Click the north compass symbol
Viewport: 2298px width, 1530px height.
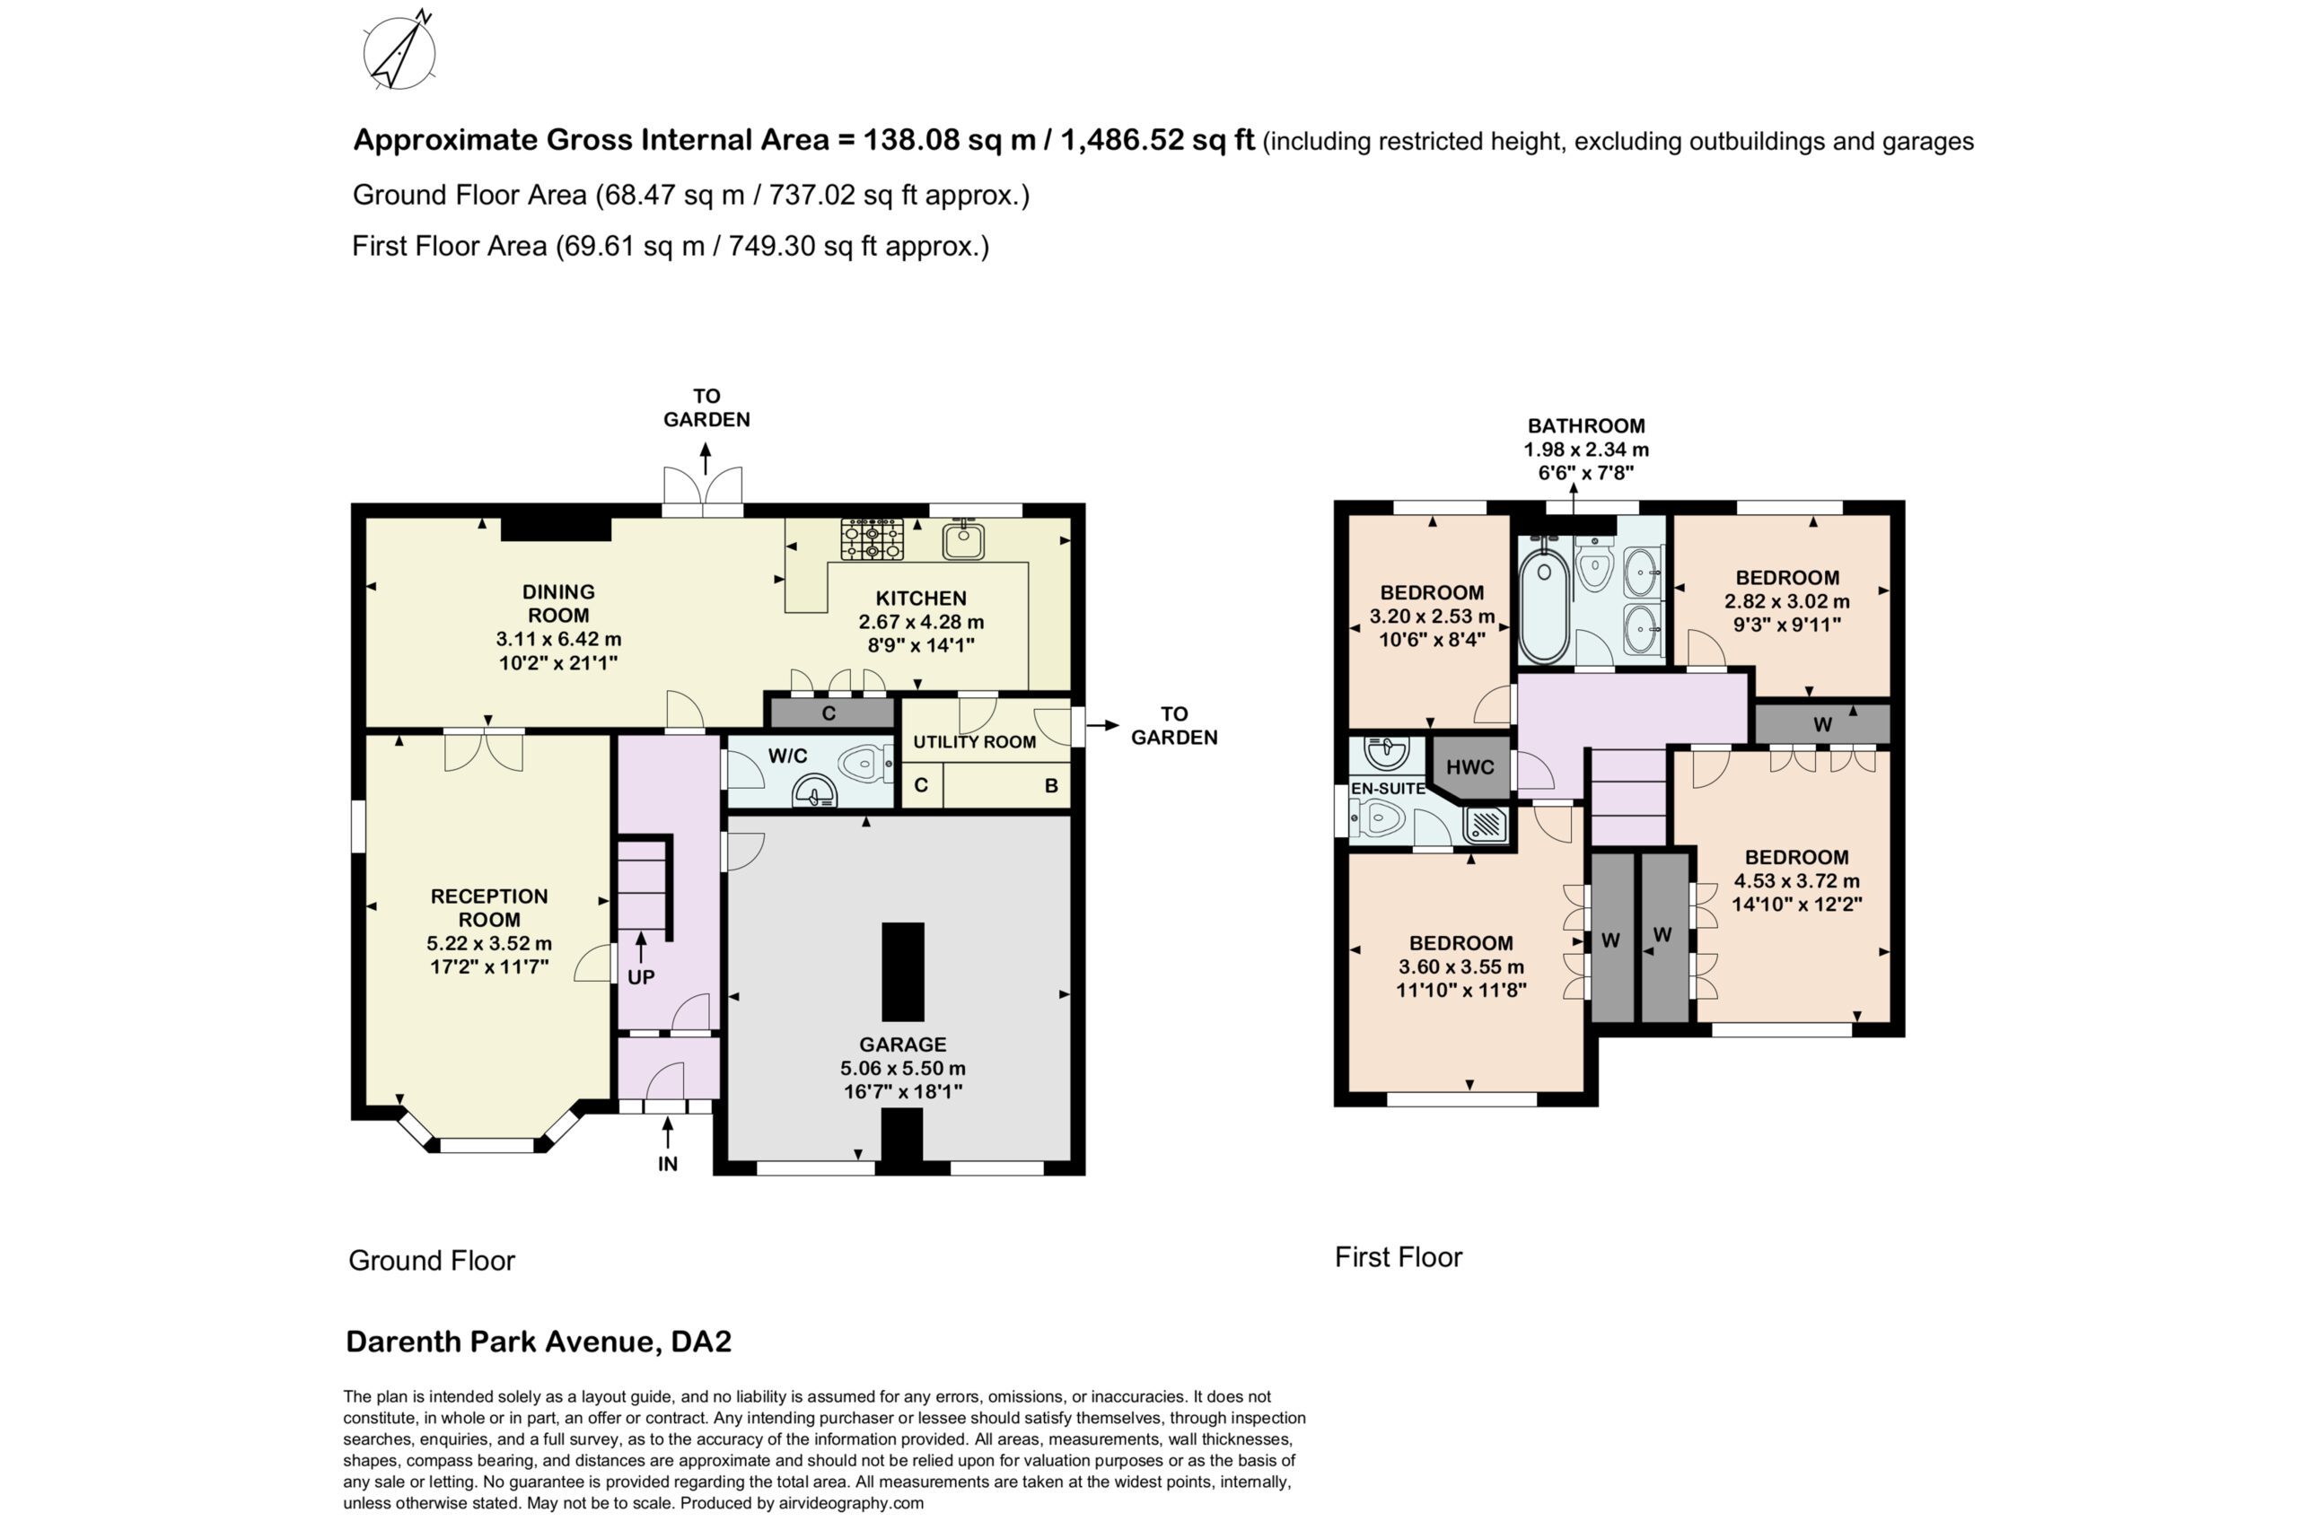click(x=399, y=52)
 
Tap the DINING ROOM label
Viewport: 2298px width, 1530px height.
click(x=557, y=603)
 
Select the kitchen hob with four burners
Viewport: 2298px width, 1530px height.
click(x=872, y=538)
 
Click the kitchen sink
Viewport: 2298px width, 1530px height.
click(x=962, y=539)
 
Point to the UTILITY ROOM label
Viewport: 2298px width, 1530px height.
click(x=974, y=741)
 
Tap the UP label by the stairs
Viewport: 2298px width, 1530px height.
click(x=640, y=976)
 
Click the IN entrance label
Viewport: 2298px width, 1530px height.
click(x=668, y=1163)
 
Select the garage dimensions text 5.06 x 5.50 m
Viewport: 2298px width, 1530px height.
click(x=903, y=1068)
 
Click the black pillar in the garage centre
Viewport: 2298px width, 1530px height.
click(x=903, y=971)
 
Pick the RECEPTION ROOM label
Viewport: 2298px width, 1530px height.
click(x=489, y=907)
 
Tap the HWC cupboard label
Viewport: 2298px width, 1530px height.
click(x=1469, y=767)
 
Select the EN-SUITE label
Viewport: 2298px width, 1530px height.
click(x=1388, y=789)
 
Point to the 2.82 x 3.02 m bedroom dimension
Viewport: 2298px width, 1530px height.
click(x=1786, y=601)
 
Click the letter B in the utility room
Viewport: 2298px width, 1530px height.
click(x=1051, y=785)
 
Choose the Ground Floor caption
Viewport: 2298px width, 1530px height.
click(x=431, y=1260)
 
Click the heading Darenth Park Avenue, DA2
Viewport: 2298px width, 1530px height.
click(x=539, y=1342)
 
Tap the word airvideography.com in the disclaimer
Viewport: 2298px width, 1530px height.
click(x=851, y=1503)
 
